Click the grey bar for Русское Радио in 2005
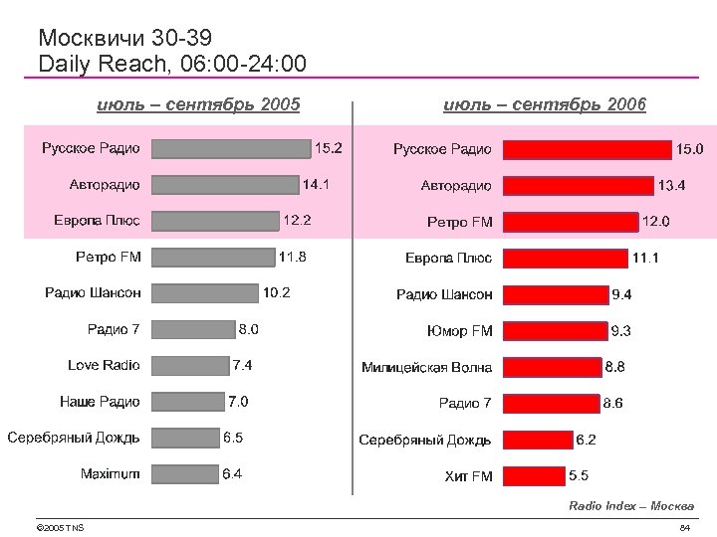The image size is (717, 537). coord(232,148)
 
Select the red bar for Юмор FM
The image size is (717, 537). coord(555,331)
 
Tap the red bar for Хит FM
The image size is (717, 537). coord(534,476)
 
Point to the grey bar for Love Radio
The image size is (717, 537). coord(190,366)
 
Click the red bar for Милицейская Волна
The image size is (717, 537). coord(553,367)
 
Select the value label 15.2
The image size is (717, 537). coord(329,148)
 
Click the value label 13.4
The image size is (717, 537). coord(671,185)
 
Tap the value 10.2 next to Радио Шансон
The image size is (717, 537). coord(277,292)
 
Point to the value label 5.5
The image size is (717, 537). coord(579,476)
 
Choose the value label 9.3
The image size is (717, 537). coord(621,330)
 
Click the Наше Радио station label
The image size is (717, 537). coord(100,402)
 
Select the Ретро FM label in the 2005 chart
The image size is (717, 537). coord(109,257)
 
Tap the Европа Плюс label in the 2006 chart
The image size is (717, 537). coord(448,258)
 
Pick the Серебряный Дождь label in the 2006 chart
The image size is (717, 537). coord(425,440)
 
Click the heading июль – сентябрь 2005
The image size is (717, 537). coord(197,104)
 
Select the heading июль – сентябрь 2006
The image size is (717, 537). coord(545,104)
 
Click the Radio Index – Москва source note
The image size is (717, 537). coord(631,506)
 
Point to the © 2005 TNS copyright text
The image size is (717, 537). coord(59,527)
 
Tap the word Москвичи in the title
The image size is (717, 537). coord(92,38)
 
